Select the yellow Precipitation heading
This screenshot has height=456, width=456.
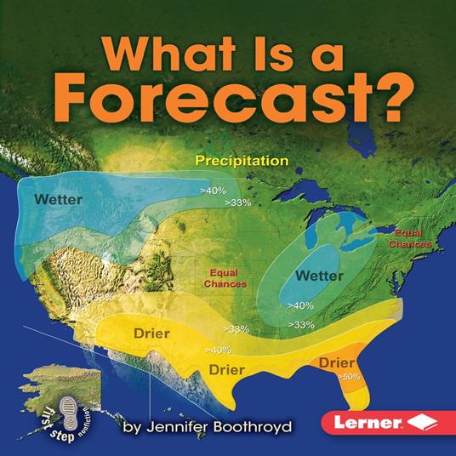(242, 159)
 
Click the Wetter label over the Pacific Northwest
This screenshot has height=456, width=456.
(58, 200)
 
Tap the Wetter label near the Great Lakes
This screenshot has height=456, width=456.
(319, 276)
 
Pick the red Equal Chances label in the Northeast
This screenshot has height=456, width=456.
(410, 237)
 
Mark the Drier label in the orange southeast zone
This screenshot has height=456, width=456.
(337, 362)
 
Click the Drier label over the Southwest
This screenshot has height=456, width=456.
(151, 332)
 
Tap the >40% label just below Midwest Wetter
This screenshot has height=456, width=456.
(301, 305)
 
